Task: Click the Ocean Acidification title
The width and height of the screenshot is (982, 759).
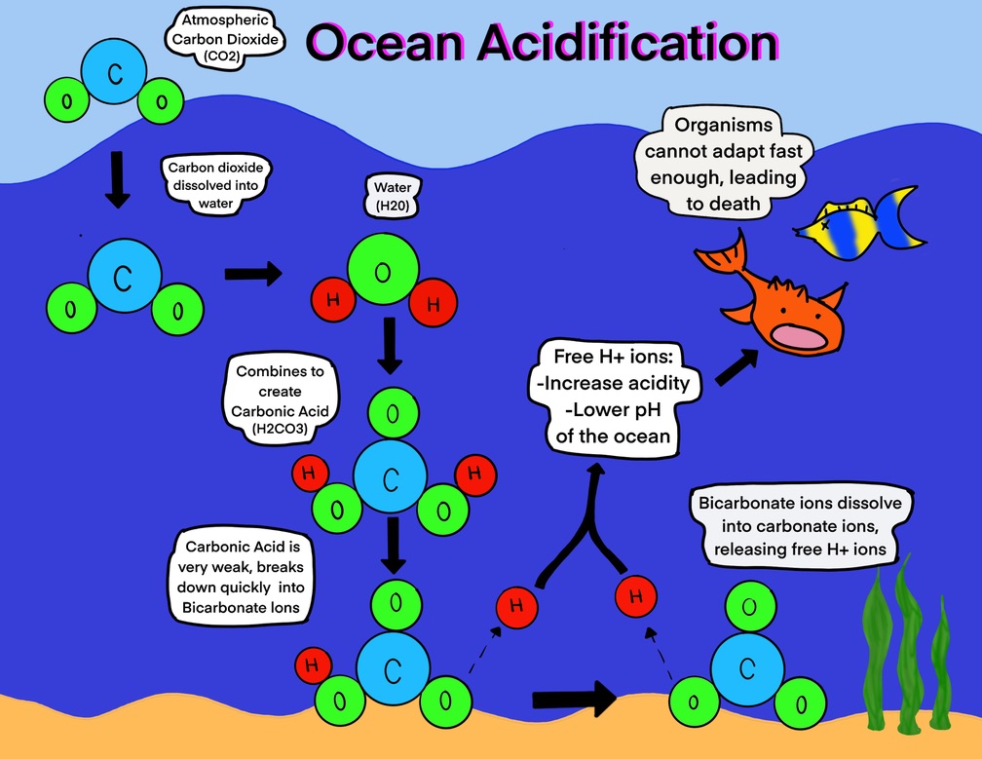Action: click(543, 44)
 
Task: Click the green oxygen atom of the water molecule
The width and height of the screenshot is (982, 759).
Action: click(382, 265)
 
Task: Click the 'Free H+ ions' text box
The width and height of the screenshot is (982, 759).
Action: click(613, 395)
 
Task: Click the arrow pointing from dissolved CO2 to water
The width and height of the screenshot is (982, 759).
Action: click(252, 274)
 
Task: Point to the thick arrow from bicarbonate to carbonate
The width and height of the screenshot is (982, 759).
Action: click(575, 698)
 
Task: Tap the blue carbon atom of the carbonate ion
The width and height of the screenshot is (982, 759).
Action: click(747, 668)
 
